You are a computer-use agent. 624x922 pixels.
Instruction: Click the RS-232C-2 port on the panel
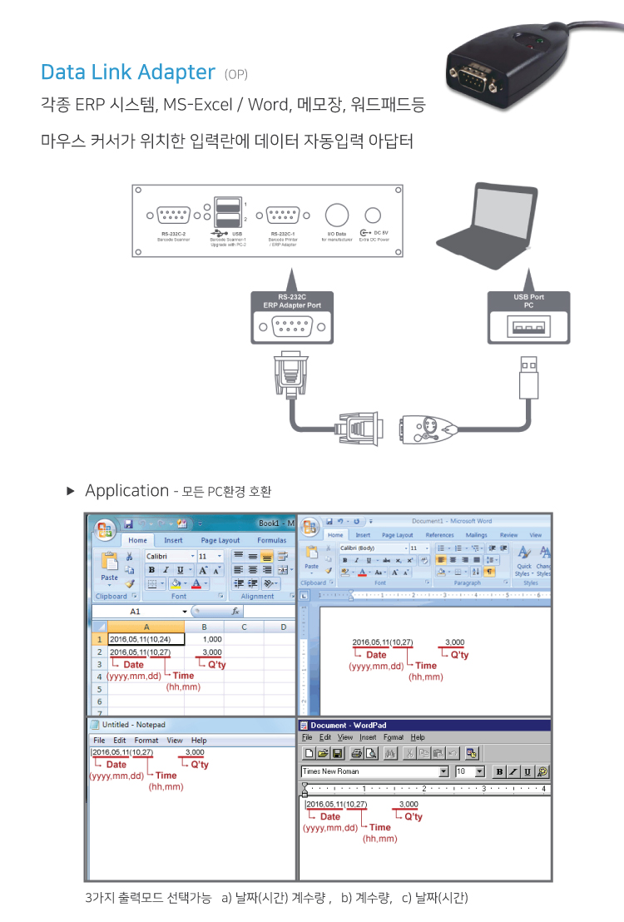pyautogui.click(x=176, y=217)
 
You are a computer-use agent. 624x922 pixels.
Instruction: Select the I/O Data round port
pyautogui.click(x=336, y=216)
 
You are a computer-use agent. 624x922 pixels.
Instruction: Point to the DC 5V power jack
pyautogui.click(x=374, y=216)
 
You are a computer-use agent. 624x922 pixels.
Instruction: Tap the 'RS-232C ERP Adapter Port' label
pyautogui.click(x=291, y=300)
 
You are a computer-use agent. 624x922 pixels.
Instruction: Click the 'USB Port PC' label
pyautogui.click(x=528, y=300)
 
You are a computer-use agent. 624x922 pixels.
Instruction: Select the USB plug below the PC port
pyautogui.click(x=527, y=379)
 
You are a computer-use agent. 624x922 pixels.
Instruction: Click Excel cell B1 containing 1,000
pyautogui.click(x=211, y=639)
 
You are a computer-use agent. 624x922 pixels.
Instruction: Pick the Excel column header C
pyautogui.click(x=245, y=627)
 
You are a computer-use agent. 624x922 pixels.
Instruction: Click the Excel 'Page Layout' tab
pyautogui.click(x=220, y=540)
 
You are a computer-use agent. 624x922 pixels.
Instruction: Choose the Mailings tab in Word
pyautogui.click(x=477, y=535)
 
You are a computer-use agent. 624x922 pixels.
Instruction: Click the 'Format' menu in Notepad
pyautogui.click(x=146, y=740)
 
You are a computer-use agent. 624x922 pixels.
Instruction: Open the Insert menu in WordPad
pyautogui.click(x=368, y=737)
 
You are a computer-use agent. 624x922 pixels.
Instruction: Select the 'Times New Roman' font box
pyautogui.click(x=374, y=771)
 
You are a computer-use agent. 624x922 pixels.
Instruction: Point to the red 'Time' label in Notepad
pyautogui.click(x=166, y=776)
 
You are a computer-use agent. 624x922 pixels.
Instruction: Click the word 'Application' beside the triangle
pyautogui.click(x=126, y=490)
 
